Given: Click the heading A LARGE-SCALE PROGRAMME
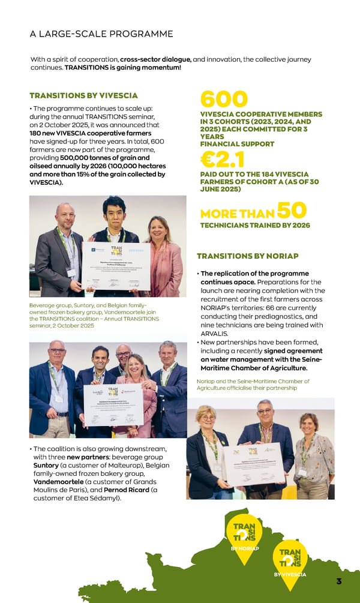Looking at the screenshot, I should (101, 34).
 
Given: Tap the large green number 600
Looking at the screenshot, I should (223, 100).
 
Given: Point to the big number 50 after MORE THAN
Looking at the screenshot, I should (292, 211).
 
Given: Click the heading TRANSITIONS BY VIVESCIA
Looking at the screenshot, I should (83, 95).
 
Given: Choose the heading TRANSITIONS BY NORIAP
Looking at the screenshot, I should (247, 256).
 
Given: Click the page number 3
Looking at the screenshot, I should (339, 581).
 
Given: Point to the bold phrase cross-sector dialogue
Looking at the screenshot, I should (155, 59).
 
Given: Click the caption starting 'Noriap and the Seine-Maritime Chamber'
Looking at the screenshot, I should (253, 385).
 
